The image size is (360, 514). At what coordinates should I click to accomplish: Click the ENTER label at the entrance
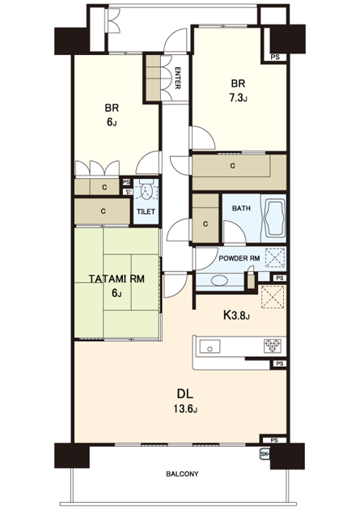point(177,78)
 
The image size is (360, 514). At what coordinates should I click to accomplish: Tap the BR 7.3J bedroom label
point(238,91)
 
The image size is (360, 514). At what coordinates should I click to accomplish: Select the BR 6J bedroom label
point(112,115)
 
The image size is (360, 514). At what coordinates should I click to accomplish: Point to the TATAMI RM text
point(116,279)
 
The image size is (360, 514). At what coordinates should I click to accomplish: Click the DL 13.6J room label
point(185,400)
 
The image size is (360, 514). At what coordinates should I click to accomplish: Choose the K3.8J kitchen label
point(237,316)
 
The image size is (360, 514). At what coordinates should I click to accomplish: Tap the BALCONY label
point(182,474)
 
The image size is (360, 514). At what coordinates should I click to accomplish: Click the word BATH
point(241,208)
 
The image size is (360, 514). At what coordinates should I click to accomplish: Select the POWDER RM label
point(239,258)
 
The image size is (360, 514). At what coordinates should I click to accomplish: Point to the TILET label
point(146,212)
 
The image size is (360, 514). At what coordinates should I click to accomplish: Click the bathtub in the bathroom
point(273,218)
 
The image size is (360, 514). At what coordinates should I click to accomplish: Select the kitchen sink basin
point(210,346)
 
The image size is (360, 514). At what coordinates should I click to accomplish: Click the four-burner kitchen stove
point(273,346)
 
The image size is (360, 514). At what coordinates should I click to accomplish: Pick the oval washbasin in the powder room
point(219,281)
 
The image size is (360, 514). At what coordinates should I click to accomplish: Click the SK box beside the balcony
point(265,454)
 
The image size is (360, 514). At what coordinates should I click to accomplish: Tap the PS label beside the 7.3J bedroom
point(275,57)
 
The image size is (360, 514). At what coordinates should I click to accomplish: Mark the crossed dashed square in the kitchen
point(273,297)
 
